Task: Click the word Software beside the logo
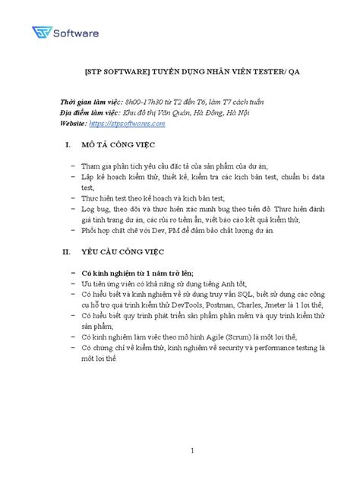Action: (81, 33)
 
